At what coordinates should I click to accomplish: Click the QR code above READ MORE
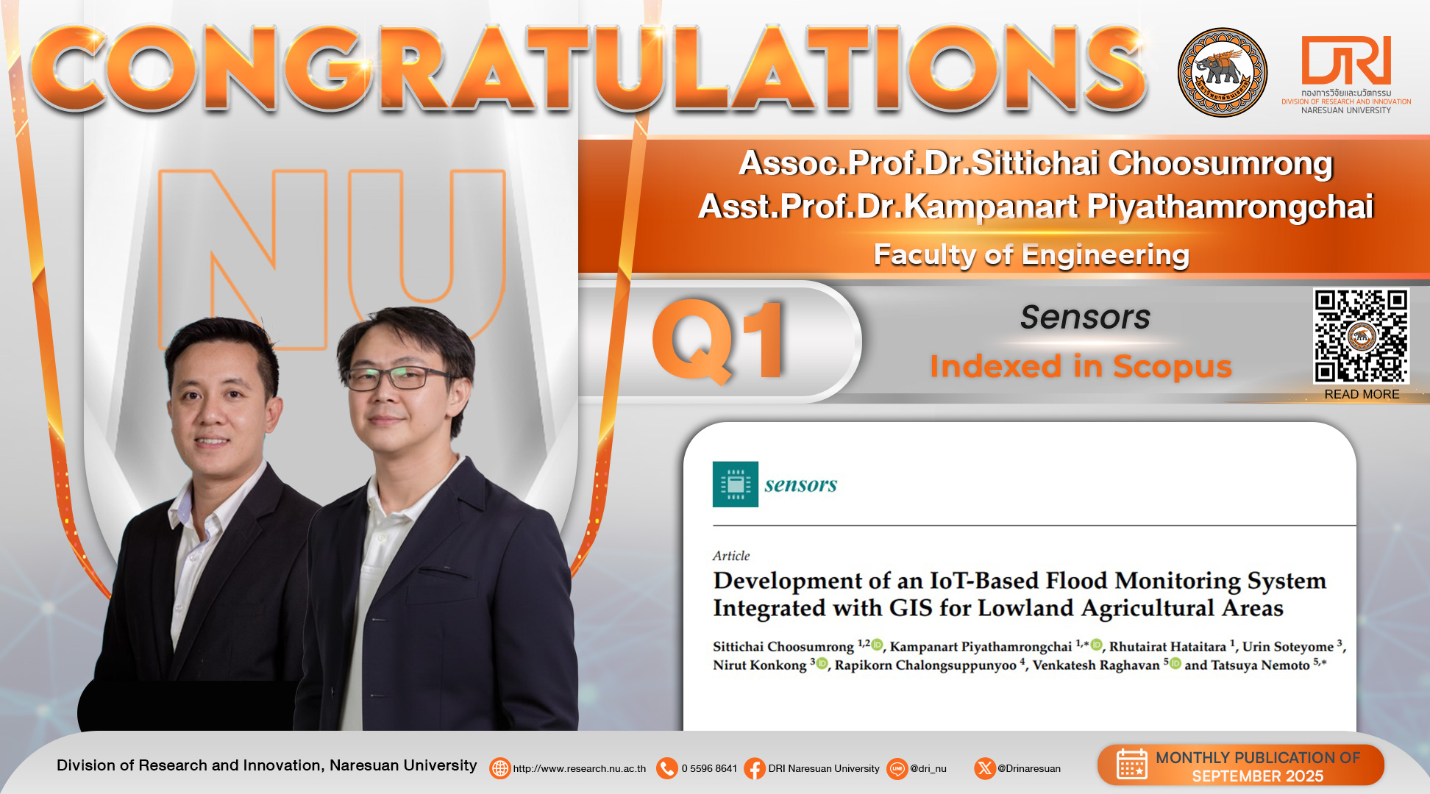pos(1362,336)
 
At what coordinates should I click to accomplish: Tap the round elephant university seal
pos(1223,72)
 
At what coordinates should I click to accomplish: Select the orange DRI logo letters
pos(1346,60)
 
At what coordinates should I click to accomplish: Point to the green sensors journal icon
pos(736,484)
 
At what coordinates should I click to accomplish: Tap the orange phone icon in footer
pos(667,768)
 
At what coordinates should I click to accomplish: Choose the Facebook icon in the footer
pos(755,768)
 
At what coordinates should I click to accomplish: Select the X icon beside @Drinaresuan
pos(985,768)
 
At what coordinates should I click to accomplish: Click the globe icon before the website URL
pos(500,768)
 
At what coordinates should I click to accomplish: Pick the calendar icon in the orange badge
pos(1132,764)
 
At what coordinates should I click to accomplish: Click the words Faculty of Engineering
pos(1031,255)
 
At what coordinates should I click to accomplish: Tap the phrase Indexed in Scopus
pos(1081,366)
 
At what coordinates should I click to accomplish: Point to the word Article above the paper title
pos(731,556)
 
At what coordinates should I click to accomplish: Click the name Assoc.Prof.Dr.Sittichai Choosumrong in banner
pos(1036,163)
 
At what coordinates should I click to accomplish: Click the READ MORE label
pos(1362,394)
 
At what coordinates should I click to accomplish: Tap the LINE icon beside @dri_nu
pos(897,768)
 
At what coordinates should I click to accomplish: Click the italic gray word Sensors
pos(1085,318)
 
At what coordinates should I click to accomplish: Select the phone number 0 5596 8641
pos(709,768)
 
